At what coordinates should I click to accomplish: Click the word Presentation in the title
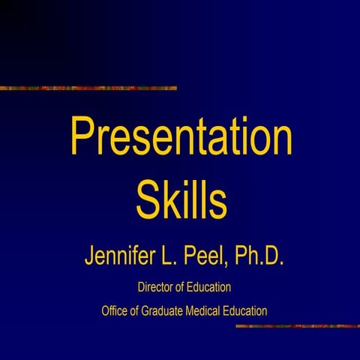point(181,138)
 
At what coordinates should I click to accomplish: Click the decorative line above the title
point(88,88)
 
